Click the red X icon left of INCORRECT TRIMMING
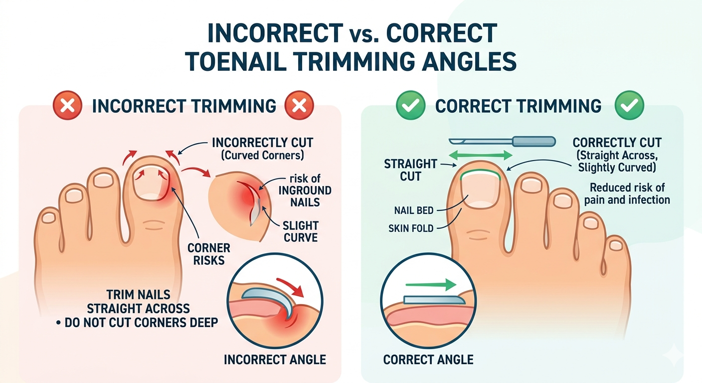click(x=67, y=105)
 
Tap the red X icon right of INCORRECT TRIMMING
click(x=299, y=105)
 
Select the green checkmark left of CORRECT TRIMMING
click(x=410, y=105)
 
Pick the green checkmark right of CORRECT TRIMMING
click(x=629, y=105)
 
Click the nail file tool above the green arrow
click(x=502, y=141)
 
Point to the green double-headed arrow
click(x=481, y=155)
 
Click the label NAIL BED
click(x=414, y=210)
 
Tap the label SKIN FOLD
click(x=411, y=228)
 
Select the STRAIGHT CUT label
click(x=410, y=170)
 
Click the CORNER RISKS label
click(x=209, y=254)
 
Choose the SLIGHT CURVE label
click(x=301, y=231)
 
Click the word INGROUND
click(x=305, y=191)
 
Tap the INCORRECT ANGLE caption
click(x=275, y=360)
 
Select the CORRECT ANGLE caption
click(x=428, y=360)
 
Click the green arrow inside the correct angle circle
click(x=431, y=285)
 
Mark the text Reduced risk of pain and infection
click(x=627, y=193)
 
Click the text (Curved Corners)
click(x=262, y=155)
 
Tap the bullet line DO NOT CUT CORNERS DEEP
click(x=137, y=323)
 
